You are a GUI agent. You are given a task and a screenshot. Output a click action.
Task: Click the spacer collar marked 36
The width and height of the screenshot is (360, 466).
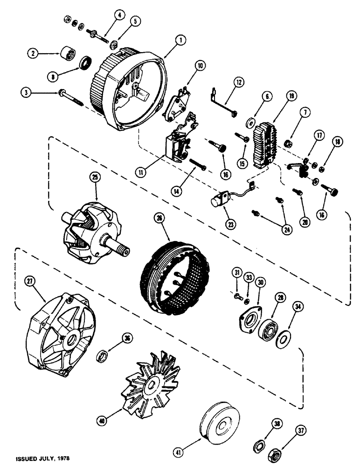tap(103, 357)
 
